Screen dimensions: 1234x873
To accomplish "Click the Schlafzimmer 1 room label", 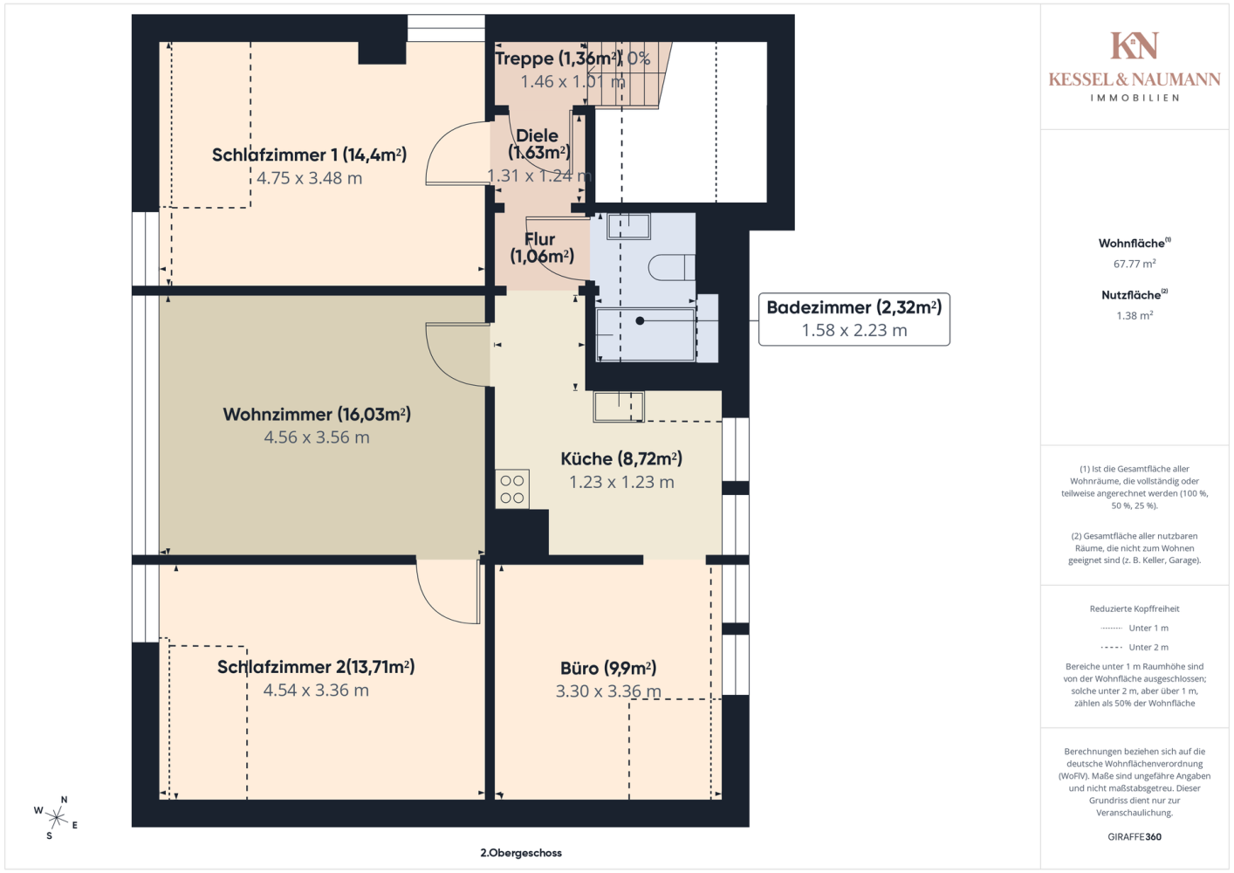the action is tap(309, 155).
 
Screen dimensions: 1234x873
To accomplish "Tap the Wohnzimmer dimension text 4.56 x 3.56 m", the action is tap(317, 437).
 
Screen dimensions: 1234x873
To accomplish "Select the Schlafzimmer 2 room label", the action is tap(316, 667).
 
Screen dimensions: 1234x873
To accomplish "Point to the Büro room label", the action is tap(608, 668).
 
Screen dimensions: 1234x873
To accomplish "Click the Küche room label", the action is tap(621, 458).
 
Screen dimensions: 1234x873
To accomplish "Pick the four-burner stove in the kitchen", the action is tap(512, 489).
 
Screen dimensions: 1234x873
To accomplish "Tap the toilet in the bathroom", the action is tap(671, 267).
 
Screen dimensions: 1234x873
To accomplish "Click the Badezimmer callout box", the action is tap(854, 320).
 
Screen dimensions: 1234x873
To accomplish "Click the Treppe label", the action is tap(559, 58).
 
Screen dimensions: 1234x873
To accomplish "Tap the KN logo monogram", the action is tap(1135, 45).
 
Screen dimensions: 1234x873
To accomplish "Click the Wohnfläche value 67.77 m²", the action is tap(1135, 264).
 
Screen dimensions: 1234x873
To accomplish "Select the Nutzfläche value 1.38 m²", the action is tap(1135, 315).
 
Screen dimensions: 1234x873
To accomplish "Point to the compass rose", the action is tap(56, 818).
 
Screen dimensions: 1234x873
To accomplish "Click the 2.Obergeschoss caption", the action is tap(521, 853).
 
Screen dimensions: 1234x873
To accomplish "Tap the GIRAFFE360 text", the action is tap(1135, 836).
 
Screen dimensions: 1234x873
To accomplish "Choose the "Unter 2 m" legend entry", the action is tap(1135, 647).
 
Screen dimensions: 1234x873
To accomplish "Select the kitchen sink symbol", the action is tap(618, 407).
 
